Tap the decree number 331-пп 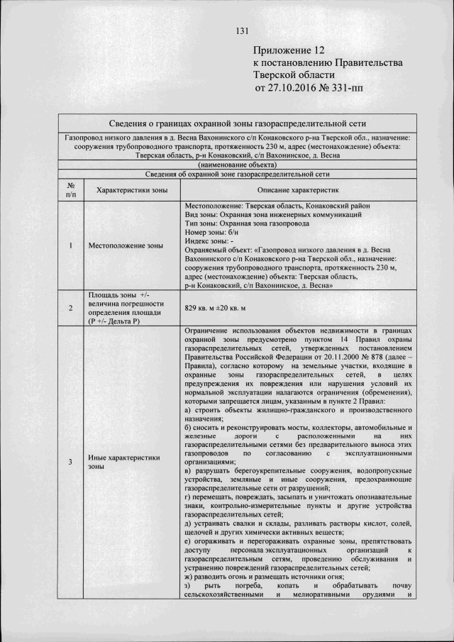[348, 88]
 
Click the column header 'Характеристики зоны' [131, 189]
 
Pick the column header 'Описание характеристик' [297, 189]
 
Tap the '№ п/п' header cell [71, 189]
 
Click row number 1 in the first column [71, 245]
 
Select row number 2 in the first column [71, 309]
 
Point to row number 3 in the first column [71, 463]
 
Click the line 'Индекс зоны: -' [210, 241]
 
